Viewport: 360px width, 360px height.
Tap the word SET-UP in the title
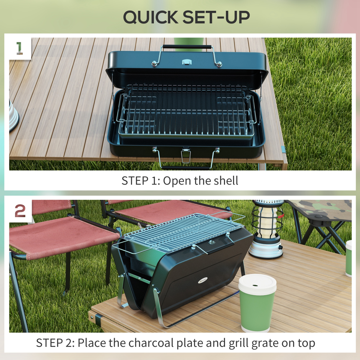coord(216,17)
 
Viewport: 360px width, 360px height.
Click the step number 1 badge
coord(19,48)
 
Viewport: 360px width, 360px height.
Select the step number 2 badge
coord(20,211)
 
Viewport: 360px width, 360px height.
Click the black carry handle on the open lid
coord(187,47)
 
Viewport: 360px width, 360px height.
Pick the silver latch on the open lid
coord(187,62)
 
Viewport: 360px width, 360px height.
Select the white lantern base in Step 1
coord(13,115)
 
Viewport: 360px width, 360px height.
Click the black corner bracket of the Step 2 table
coord(98,318)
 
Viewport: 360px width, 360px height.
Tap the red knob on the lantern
coord(281,215)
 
